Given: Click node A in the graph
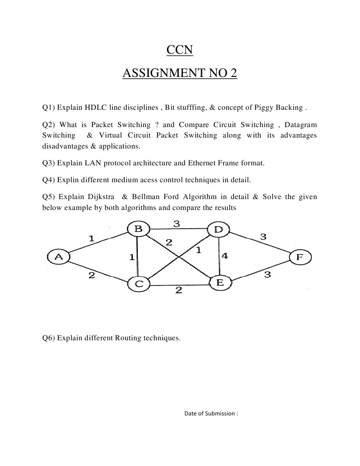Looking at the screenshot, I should [x=58, y=257].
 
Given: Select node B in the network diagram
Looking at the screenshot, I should [x=138, y=229].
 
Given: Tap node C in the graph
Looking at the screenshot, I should [x=139, y=284].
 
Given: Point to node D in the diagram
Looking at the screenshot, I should [x=218, y=229].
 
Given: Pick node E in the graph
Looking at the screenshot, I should [x=220, y=282].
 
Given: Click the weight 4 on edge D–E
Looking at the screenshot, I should [x=224, y=256].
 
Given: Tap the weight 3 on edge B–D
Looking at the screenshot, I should [x=177, y=223].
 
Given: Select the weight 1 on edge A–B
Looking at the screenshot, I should [x=91, y=238].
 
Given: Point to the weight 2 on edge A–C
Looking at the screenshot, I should [x=91, y=276].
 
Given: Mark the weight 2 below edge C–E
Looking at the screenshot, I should [x=178, y=290].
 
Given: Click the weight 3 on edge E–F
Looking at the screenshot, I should [x=268, y=275].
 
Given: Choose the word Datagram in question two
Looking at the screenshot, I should [x=300, y=125].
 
